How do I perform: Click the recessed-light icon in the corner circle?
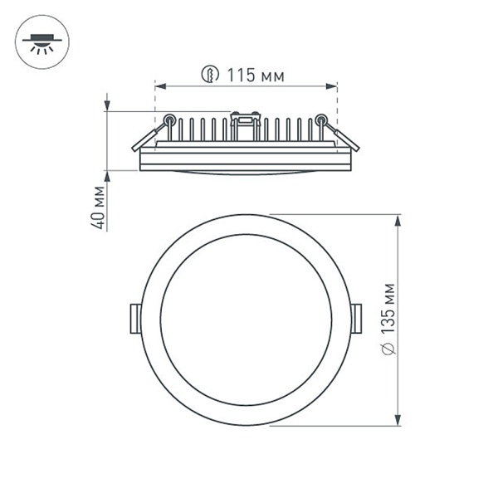(x=38, y=41)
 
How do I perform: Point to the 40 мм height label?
(x=99, y=208)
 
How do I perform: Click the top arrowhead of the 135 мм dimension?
(x=399, y=221)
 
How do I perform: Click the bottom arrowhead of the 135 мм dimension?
(x=399, y=420)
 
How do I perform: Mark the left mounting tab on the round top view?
(x=134, y=319)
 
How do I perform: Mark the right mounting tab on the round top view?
(x=356, y=319)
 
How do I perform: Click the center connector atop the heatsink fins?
(x=246, y=120)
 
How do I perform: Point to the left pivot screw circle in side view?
(x=169, y=120)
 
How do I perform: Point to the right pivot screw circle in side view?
(x=321, y=120)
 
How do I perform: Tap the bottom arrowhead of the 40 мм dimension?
(x=108, y=176)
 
